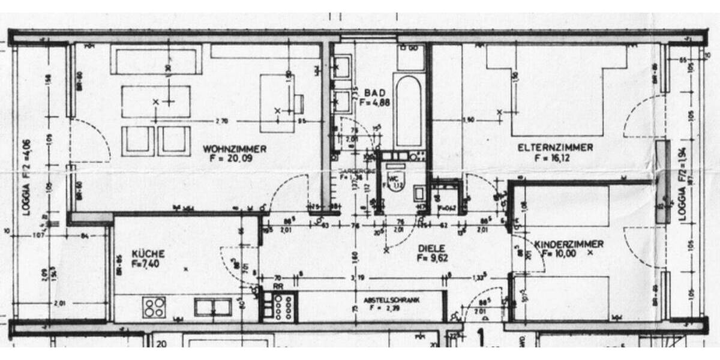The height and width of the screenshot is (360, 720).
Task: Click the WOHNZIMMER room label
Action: click(x=235, y=149)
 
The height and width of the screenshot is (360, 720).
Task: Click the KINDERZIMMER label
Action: click(x=569, y=244)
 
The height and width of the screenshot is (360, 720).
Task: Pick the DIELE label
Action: click(x=430, y=247)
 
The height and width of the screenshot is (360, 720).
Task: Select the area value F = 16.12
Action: click(x=550, y=158)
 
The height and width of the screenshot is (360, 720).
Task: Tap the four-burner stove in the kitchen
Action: click(x=154, y=308)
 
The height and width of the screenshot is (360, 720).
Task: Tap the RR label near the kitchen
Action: click(x=278, y=287)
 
